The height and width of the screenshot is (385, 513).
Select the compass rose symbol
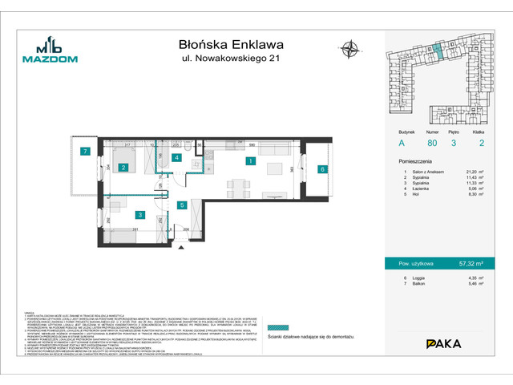click(350, 49)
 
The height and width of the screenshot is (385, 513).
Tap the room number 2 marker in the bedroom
click(123, 168)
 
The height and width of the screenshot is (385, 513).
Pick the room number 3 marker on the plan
click(139, 215)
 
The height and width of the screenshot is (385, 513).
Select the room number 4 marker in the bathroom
click(177, 158)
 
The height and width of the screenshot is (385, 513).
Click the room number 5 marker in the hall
click(182, 205)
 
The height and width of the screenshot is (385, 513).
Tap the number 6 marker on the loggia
click(321, 169)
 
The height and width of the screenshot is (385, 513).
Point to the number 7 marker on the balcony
click(83, 151)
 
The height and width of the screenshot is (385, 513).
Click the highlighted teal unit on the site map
click(438, 51)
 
